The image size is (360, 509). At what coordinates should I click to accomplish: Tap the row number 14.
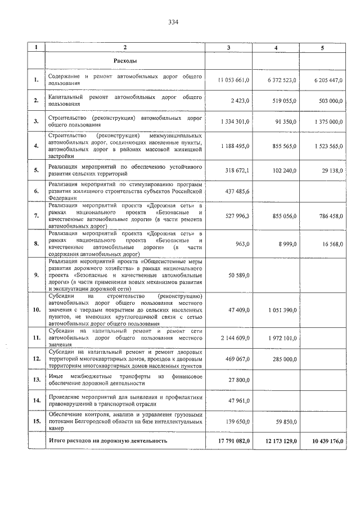point(36,402)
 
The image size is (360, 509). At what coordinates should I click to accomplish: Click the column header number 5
point(322,48)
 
